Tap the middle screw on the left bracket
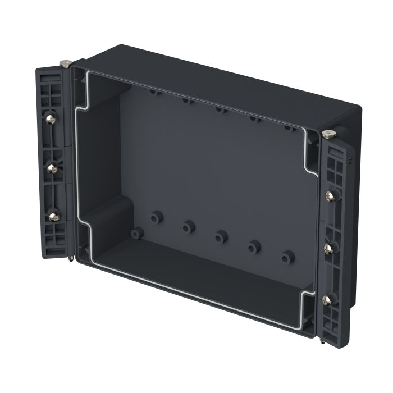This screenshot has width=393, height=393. (52, 167)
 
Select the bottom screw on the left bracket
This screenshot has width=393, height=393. (54, 215)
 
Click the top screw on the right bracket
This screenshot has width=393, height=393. (330, 196)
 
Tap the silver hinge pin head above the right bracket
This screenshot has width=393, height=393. (328, 134)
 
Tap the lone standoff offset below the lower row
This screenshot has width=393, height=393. (137, 232)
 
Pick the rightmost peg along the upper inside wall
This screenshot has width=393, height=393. (289, 126)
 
